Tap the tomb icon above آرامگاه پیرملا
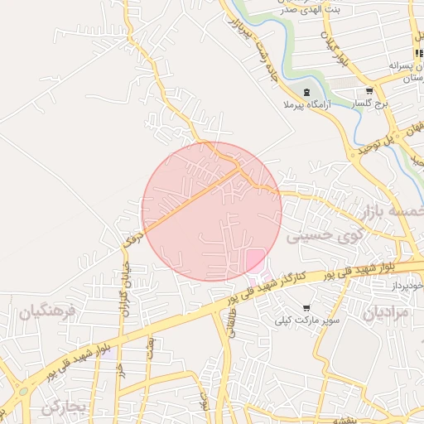point(307,91)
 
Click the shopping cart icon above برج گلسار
point(369,91)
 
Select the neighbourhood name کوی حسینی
point(325,236)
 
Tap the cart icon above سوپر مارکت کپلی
point(306,306)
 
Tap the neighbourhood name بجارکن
point(64,407)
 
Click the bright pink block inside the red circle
point(255,260)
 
